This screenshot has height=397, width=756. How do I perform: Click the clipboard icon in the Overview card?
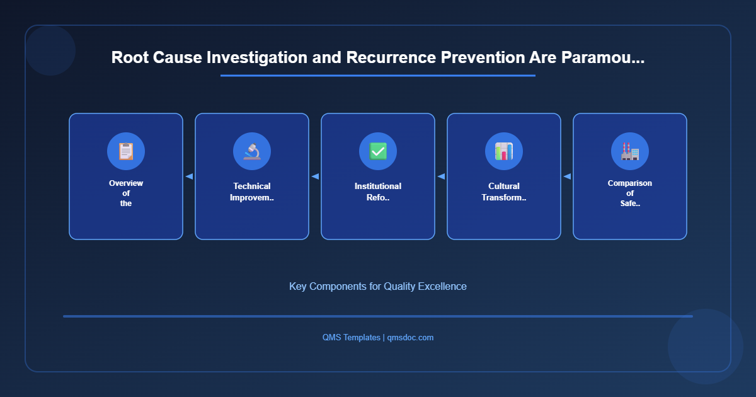click(126, 151)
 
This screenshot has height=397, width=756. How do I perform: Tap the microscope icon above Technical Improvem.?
click(252, 151)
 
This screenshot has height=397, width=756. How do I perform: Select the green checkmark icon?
click(378, 151)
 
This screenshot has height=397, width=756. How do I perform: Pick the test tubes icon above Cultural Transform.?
click(504, 151)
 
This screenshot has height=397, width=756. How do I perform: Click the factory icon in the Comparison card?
click(630, 151)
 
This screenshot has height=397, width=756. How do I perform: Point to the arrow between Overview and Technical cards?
click(189, 176)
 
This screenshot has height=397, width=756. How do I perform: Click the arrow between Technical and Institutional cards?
click(315, 176)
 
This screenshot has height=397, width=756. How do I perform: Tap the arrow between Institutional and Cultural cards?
click(441, 176)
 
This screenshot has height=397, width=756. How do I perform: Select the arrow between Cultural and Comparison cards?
click(567, 176)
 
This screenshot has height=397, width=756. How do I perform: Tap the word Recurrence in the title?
click(387, 57)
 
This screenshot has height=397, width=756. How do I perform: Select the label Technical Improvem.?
click(252, 192)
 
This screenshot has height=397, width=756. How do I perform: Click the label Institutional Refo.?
click(378, 192)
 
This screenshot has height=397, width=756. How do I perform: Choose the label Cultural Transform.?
click(504, 192)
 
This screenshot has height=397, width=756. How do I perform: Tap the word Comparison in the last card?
click(630, 183)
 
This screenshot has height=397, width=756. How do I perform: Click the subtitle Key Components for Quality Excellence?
click(378, 286)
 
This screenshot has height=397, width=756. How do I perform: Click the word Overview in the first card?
click(126, 183)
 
